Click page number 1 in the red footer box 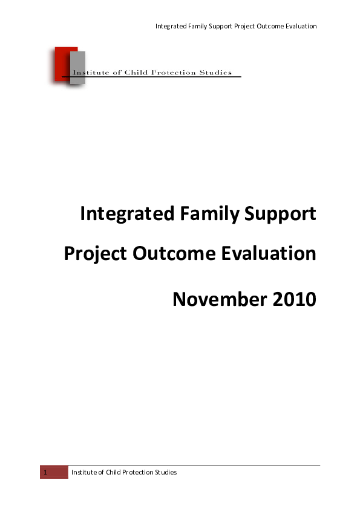(44, 472)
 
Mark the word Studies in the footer (165, 472)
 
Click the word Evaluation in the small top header (299, 26)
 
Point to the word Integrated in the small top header (171, 26)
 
